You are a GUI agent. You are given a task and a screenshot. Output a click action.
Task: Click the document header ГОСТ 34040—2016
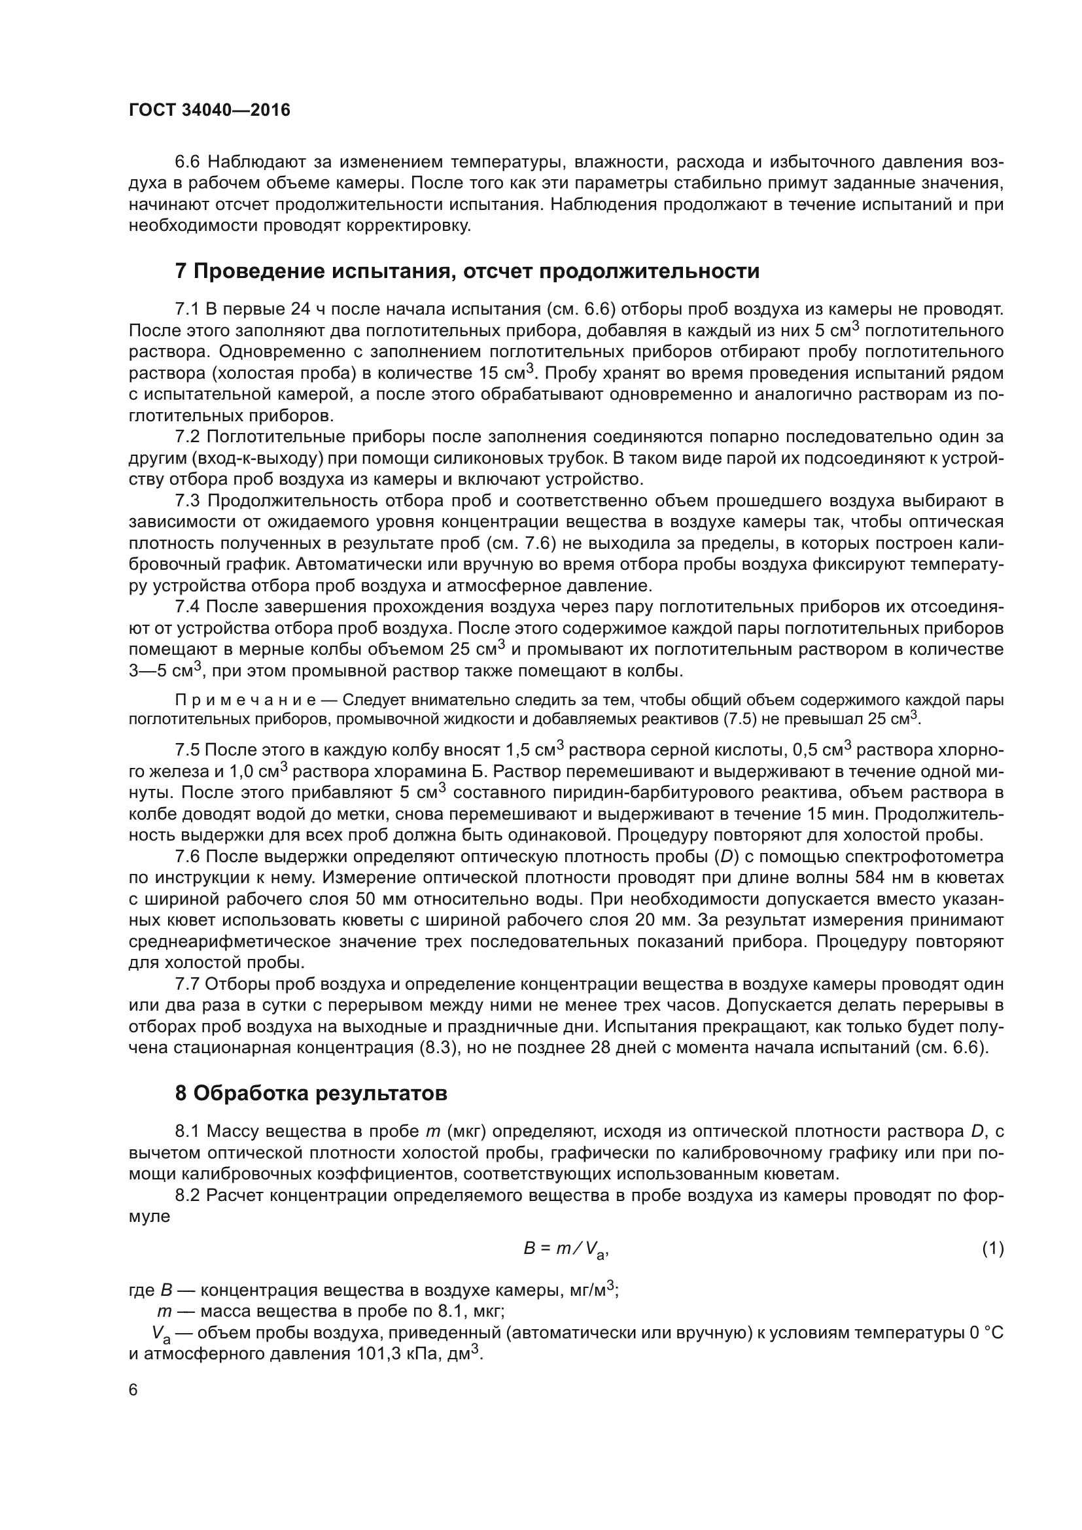(x=209, y=110)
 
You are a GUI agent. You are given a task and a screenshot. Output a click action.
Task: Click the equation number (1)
(x=993, y=1248)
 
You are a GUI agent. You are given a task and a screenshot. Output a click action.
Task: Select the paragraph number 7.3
(x=188, y=500)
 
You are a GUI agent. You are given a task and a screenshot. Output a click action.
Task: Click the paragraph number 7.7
(x=188, y=984)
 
